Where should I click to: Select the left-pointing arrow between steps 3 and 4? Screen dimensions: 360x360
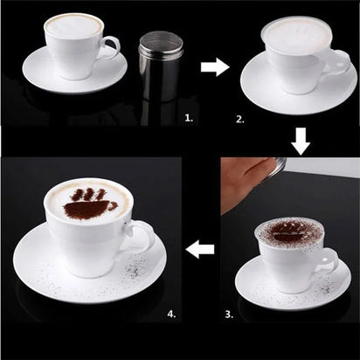[201, 250]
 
